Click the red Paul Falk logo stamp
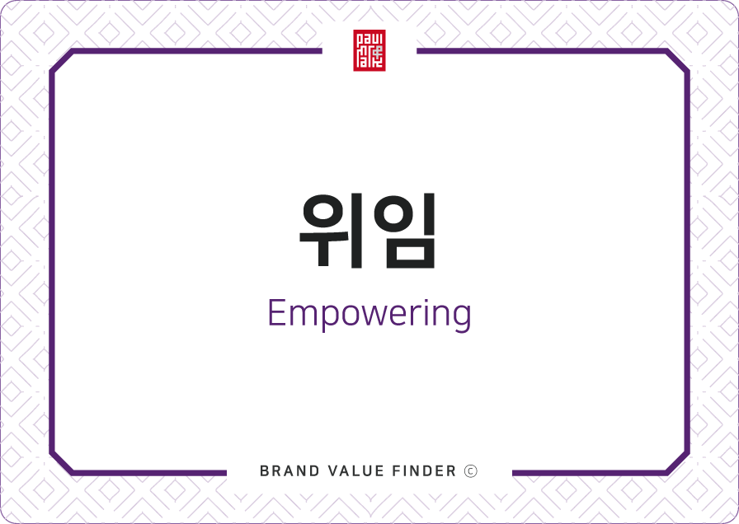tap(369, 50)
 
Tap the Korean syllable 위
tap(332, 230)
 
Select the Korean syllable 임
tap(404, 230)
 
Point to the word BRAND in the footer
tap(289, 470)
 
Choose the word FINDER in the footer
tap(424, 470)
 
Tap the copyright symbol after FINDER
tap(471, 470)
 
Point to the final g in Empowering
tap(462, 318)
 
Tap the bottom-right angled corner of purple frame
tap(677, 462)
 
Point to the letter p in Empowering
tap(329, 318)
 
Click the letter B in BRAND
tap(264, 470)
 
